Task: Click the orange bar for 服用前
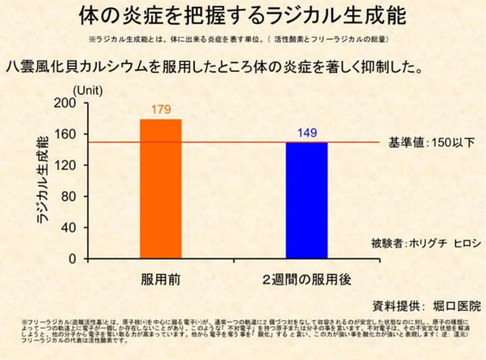coord(161,189)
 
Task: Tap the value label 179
coord(160,110)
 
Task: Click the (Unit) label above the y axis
coord(88,89)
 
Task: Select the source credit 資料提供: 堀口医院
coord(426,305)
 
